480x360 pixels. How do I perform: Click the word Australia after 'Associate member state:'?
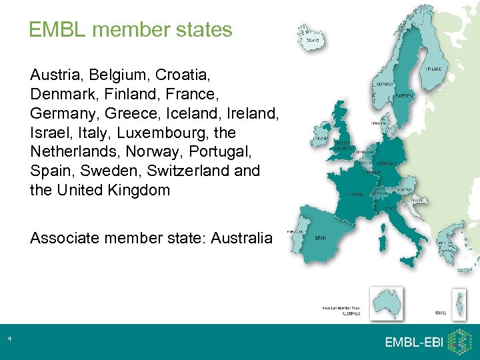coord(241,237)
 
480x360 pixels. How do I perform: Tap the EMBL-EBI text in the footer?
coord(413,342)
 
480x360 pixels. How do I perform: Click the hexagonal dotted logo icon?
coord(459,342)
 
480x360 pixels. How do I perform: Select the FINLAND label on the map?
coord(434,69)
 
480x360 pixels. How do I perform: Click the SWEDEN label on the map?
coord(405,96)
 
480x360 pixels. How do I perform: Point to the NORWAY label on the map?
coord(385,85)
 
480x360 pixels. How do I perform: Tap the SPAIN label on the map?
coord(321,237)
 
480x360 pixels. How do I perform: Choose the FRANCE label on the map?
coord(354,194)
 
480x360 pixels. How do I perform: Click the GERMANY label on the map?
coord(387,163)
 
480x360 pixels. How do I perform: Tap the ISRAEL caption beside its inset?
coord(441,313)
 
